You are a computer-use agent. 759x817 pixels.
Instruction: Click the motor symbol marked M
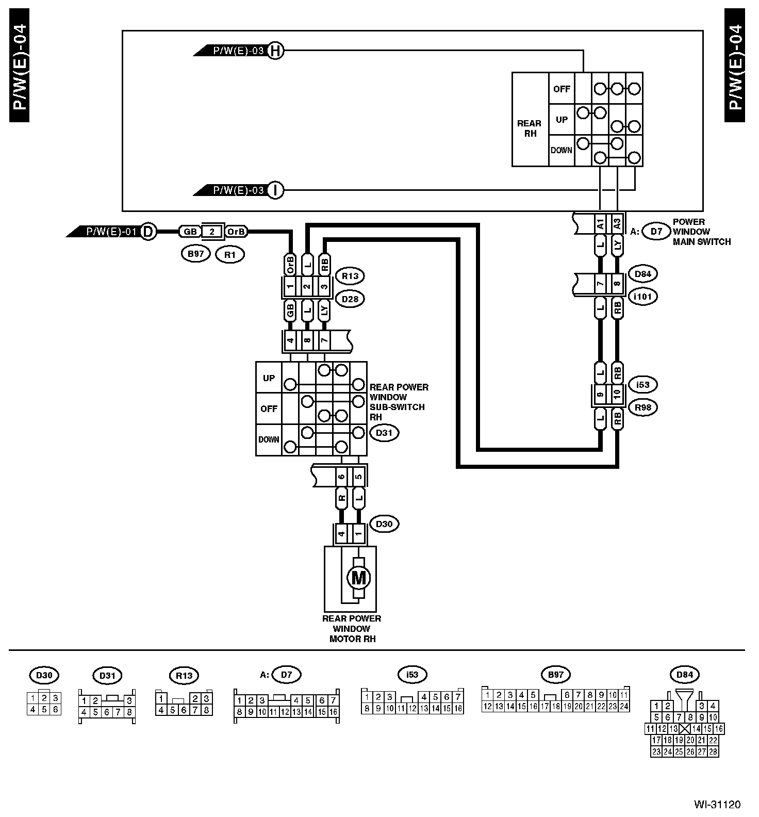point(358,577)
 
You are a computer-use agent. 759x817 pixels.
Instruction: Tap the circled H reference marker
point(276,51)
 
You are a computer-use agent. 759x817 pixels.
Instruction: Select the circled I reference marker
point(276,190)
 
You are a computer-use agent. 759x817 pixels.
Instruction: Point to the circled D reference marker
point(148,232)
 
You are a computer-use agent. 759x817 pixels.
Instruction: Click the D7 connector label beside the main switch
point(656,232)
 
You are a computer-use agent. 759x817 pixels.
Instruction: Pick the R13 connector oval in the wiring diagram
point(350,276)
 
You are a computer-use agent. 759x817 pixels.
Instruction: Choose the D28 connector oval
point(350,299)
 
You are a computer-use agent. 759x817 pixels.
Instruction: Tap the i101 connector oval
point(643,297)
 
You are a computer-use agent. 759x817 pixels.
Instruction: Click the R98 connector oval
point(643,407)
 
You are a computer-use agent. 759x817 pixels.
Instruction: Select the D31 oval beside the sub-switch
point(384,433)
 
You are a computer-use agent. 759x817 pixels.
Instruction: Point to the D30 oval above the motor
point(384,525)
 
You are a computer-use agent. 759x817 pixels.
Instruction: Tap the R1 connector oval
point(230,254)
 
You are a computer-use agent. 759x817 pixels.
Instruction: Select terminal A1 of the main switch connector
point(600,224)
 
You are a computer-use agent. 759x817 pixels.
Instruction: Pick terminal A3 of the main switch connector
point(617,224)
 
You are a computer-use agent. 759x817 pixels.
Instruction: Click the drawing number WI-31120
point(717,804)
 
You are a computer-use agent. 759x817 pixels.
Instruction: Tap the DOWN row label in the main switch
point(561,151)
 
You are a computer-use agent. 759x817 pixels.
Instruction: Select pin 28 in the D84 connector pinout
point(713,751)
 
